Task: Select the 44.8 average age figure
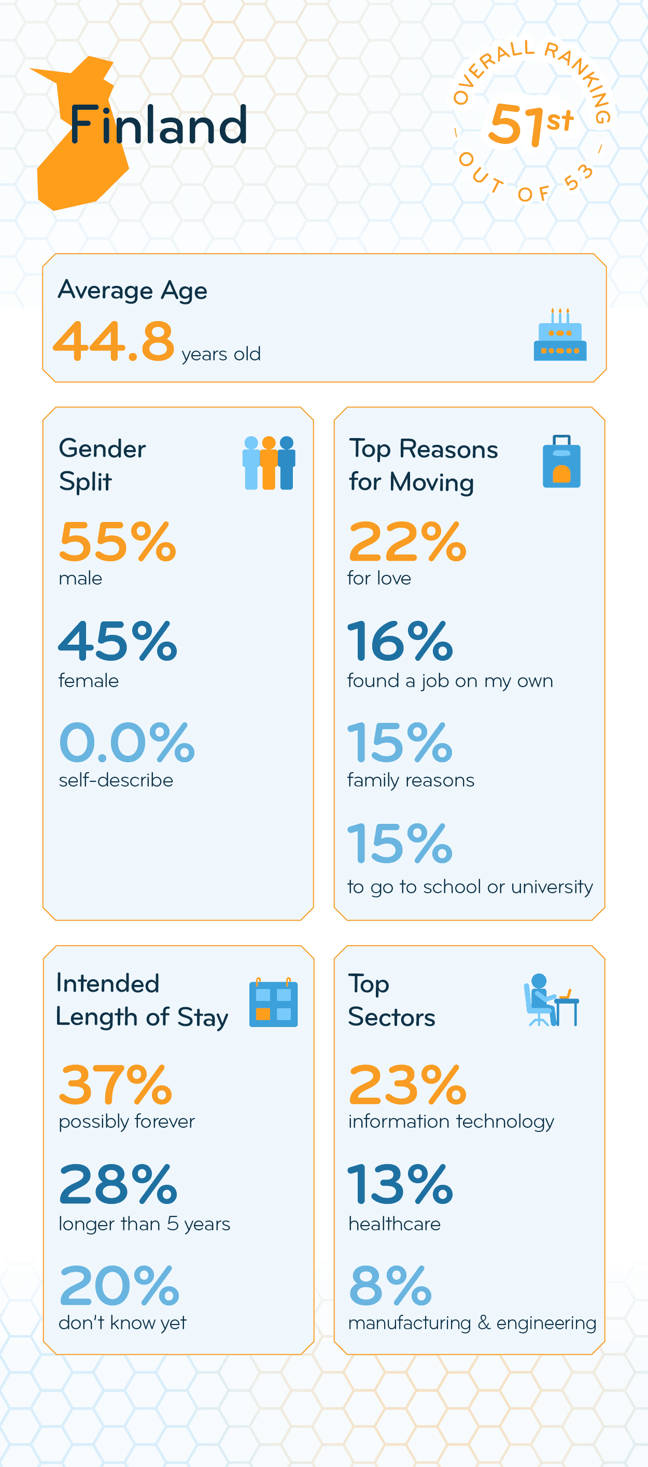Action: pos(114,341)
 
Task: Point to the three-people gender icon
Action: pos(269,463)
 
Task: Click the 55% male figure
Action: pos(117,542)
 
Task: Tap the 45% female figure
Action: pos(117,641)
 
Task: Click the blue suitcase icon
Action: pos(561,462)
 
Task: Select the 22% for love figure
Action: pos(407,542)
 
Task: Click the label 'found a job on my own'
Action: pos(449,681)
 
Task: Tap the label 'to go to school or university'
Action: pos(470,887)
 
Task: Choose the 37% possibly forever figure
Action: pos(116,1084)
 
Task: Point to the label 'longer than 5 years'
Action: pos(144,1224)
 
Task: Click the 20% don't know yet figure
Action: pos(119,1285)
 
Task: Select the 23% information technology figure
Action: pos(407,1084)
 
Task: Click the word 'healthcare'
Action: pos(395,1224)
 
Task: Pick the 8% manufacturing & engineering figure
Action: pos(390,1285)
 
